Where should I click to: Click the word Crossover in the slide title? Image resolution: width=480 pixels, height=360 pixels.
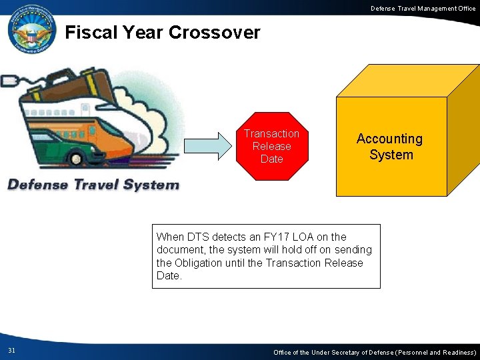[215, 32]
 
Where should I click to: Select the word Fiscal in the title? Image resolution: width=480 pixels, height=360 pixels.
[91, 32]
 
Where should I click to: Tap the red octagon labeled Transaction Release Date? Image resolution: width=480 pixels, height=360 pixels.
[271, 146]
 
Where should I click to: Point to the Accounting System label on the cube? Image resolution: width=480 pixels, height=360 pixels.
[390, 147]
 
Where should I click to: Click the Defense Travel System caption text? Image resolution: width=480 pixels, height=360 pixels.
[93, 185]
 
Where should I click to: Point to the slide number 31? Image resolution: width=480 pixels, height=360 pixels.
[12, 351]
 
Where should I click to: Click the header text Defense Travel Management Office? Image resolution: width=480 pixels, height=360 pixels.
[423, 8]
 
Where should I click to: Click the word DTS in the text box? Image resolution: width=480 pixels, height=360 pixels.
[199, 237]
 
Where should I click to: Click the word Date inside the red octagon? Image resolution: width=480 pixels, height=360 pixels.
[271, 159]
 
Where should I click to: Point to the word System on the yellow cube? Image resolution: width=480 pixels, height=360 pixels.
[391, 155]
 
